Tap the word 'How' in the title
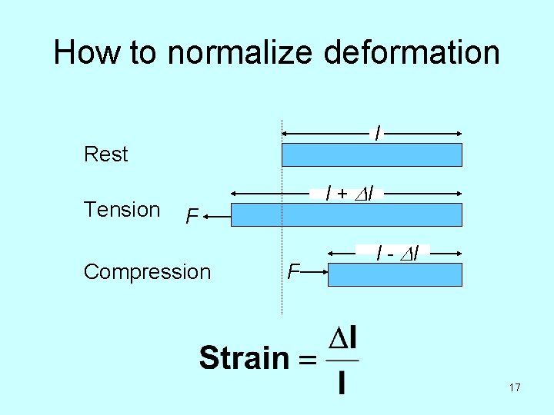coord(85,53)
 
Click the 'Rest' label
coord(105,154)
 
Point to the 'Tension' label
coord(122,210)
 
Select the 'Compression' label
coord(147,272)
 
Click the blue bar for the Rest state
coord(372,154)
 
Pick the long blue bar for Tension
coord(346,215)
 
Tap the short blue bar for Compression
coord(395,275)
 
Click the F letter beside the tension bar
coord(192,217)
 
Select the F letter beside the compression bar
coord(292,271)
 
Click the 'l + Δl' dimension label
coord(349,194)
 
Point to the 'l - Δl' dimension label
coord(397,252)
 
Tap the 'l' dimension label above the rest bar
coord(376,133)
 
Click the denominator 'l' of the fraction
coord(342,382)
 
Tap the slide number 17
coord(515,388)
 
